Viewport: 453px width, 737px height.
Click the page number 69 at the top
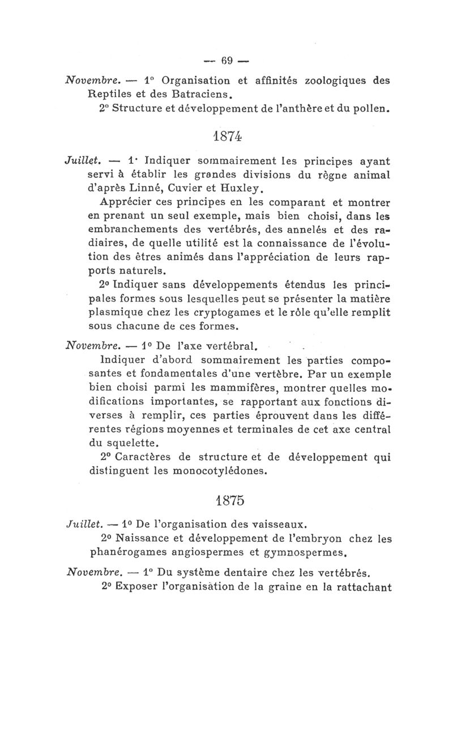pyautogui.click(x=228, y=59)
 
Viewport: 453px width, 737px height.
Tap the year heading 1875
pyautogui.click(x=228, y=501)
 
